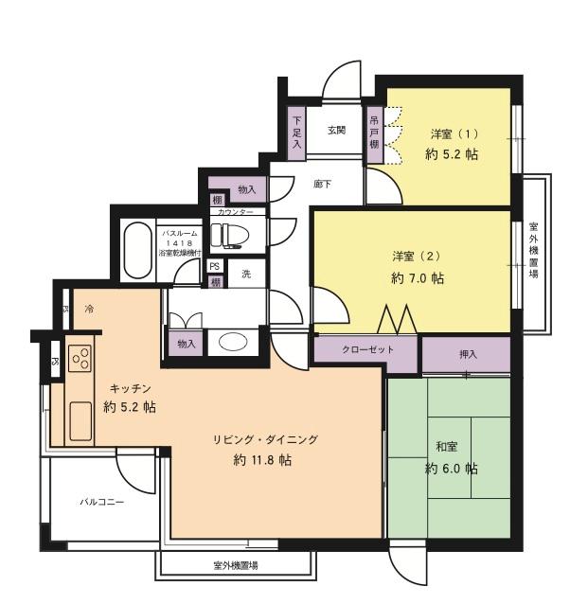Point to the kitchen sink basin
click(80, 417)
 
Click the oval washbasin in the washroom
click(230, 343)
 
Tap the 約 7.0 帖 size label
click(418, 278)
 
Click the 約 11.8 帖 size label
click(261, 460)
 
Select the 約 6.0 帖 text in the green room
click(451, 469)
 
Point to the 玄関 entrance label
click(338, 130)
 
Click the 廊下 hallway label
click(322, 185)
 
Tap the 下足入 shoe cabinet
click(296, 133)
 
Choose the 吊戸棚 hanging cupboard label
click(374, 133)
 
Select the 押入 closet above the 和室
click(467, 354)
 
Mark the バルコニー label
click(101, 502)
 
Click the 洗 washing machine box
click(245, 274)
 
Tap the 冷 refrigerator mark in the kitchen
click(89, 309)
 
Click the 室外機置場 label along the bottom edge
click(236, 565)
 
